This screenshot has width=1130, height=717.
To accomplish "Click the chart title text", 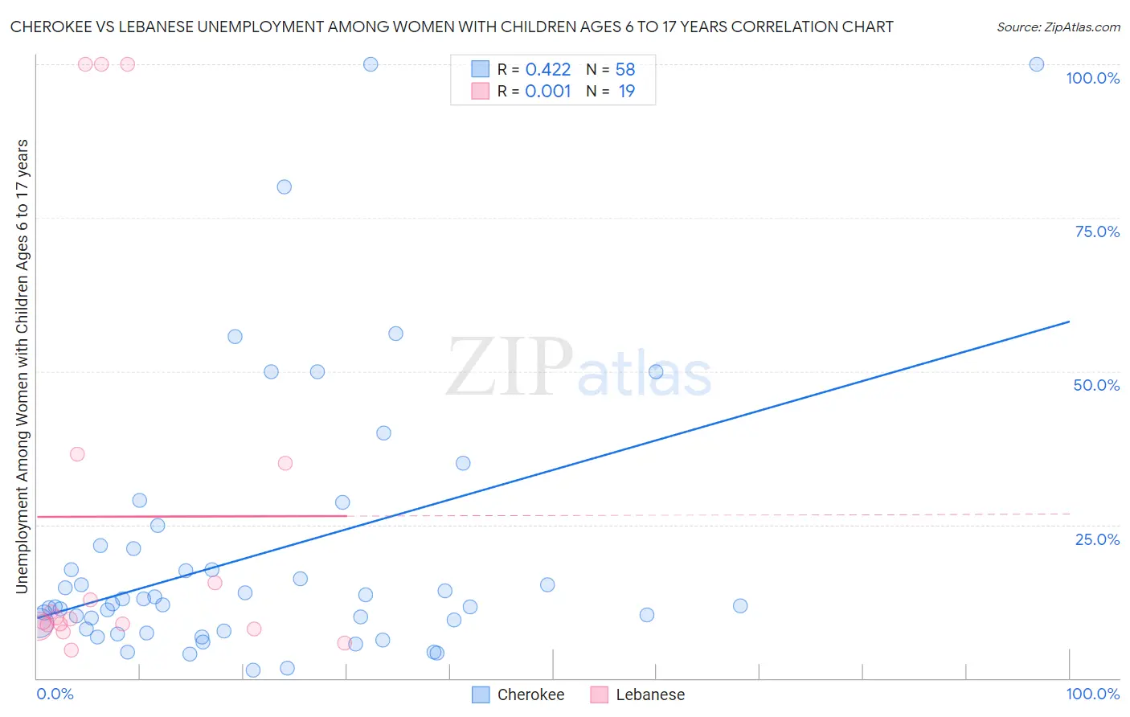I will (451, 27).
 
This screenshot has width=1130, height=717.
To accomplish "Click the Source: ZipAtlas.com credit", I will (1058, 27).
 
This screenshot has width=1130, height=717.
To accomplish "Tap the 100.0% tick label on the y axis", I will (1092, 78).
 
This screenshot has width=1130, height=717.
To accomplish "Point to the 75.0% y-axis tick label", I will (1097, 231).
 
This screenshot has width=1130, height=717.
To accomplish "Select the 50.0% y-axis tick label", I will (1096, 385).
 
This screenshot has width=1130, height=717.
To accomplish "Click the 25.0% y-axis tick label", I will (1097, 539).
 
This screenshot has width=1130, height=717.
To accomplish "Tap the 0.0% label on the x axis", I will (55, 694).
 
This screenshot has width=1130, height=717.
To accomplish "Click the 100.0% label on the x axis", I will (1092, 694).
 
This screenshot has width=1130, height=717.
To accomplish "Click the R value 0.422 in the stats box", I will (547, 69).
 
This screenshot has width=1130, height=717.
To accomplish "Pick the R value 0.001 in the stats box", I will (547, 91).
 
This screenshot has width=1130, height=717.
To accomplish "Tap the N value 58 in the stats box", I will (625, 69).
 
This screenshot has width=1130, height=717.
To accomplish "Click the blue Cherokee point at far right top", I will (1037, 64).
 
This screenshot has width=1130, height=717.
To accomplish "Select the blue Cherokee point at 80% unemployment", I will (284, 186).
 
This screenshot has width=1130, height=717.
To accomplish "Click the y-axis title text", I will (22, 366).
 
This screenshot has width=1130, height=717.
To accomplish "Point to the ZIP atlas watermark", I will (579, 368).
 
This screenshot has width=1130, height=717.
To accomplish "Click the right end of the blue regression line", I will (1069, 322).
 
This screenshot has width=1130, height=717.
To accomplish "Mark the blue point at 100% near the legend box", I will (371, 64).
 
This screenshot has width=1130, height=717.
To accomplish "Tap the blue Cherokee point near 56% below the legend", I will (395, 334).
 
